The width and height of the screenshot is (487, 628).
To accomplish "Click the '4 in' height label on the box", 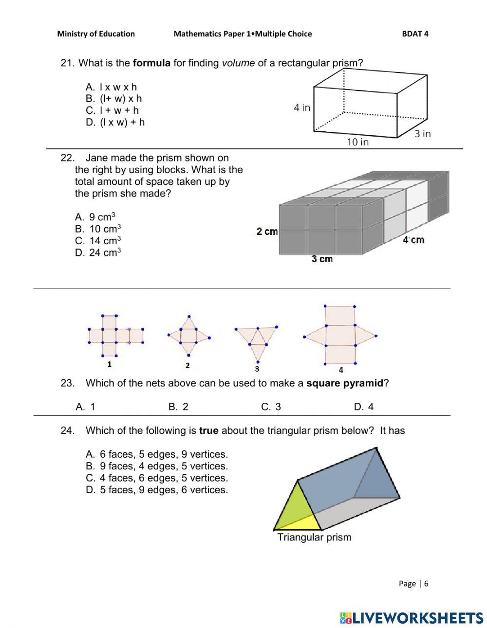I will pyautogui.click(x=301, y=108).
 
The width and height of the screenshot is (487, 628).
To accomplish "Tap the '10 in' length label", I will pyautogui.click(x=357, y=142).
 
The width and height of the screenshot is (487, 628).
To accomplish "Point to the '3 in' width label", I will pyautogui.click(x=422, y=133).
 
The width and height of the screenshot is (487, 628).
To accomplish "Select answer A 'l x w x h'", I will pyautogui.click(x=111, y=87).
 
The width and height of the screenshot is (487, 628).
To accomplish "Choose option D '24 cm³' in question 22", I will pyautogui.click(x=98, y=252).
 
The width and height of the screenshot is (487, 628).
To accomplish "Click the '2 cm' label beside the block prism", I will pyautogui.click(x=267, y=232).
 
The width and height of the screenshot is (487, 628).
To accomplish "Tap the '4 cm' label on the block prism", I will pyautogui.click(x=413, y=240).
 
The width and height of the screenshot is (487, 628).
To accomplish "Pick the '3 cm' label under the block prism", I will pyautogui.click(x=322, y=259).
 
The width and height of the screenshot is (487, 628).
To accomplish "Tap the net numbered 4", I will pyautogui.click(x=340, y=335).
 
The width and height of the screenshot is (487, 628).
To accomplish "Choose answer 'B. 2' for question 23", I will pyautogui.click(x=178, y=407).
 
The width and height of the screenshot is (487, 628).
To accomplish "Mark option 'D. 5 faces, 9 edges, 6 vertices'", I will pyautogui.click(x=157, y=490).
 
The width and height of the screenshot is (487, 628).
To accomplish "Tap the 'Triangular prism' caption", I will pyautogui.click(x=314, y=537).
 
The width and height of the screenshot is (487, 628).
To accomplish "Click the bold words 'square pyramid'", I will pyautogui.click(x=344, y=383).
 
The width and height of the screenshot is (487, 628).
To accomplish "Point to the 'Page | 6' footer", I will pyautogui.click(x=413, y=583).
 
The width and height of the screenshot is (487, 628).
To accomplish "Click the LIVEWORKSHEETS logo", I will pyautogui.click(x=412, y=618).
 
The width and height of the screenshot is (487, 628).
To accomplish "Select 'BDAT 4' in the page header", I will pyautogui.click(x=415, y=34).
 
